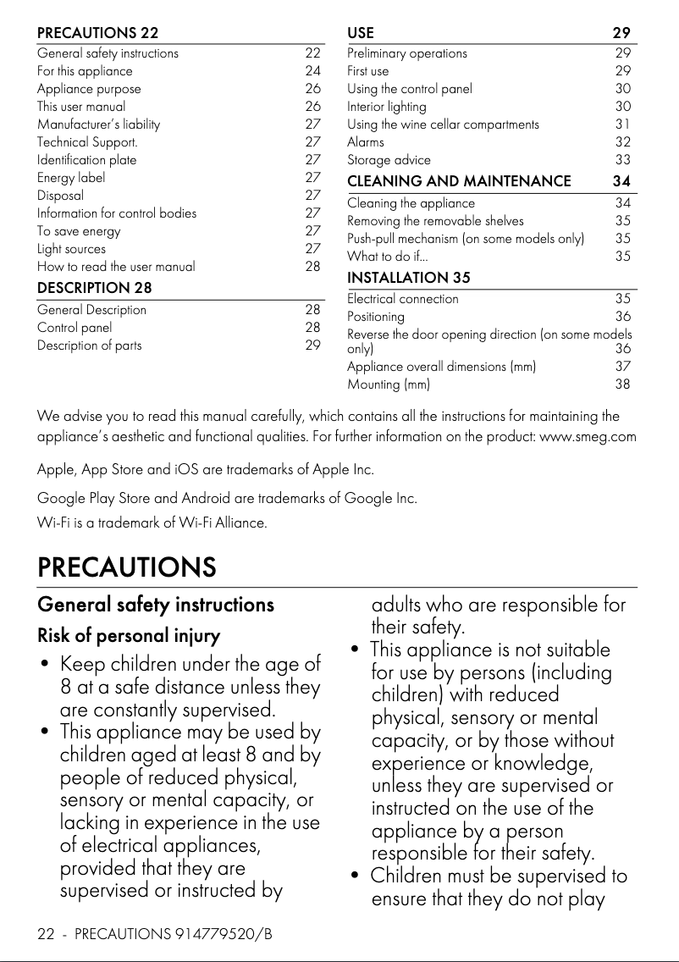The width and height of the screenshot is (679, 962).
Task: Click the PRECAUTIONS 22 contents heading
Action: click(x=97, y=33)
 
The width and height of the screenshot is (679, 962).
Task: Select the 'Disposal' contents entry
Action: click(x=60, y=196)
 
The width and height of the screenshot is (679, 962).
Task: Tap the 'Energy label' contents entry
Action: click(x=71, y=178)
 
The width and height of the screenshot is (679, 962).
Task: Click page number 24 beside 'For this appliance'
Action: click(x=312, y=71)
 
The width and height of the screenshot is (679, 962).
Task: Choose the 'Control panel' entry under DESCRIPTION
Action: click(x=75, y=328)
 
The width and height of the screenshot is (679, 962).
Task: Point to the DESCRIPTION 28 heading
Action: click(x=95, y=288)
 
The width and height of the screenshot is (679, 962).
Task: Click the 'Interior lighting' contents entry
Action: click(x=387, y=107)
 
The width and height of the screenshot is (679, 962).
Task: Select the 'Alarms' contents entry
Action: click(x=366, y=142)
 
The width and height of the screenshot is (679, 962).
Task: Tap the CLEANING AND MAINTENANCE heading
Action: click(x=459, y=181)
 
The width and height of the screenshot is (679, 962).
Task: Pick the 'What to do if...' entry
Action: click(x=388, y=257)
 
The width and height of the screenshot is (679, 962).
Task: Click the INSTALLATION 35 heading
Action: click(x=409, y=278)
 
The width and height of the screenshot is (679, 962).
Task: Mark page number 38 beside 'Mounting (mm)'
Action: click(x=623, y=384)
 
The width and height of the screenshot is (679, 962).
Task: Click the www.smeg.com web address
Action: click(x=588, y=437)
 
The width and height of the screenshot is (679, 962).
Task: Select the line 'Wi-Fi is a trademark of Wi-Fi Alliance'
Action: click(x=152, y=522)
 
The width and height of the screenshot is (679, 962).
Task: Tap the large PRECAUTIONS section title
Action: click(x=126, y=567)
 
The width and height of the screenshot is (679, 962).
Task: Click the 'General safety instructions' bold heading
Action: click(x=156, y=605)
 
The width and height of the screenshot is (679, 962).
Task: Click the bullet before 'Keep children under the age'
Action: click(x=44, y=665)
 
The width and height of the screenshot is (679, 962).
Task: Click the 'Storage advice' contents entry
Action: click(x=389, y=160)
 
